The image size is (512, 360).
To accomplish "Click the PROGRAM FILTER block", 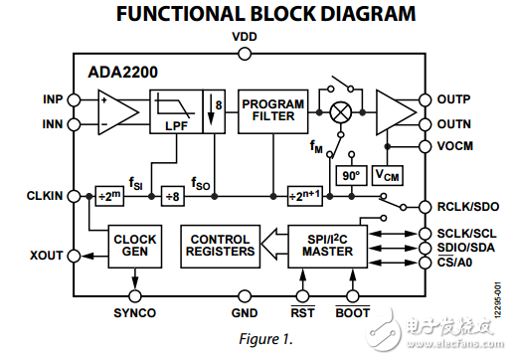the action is (273, 111).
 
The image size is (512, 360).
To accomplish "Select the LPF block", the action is (176, 111).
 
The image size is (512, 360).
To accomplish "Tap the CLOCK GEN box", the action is (135, 247).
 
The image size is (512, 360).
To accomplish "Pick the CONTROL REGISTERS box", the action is (221, 247).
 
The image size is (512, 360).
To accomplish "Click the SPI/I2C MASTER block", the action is (328, 247).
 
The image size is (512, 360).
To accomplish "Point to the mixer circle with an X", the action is (341, 112).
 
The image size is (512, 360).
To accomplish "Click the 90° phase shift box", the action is (351, 175).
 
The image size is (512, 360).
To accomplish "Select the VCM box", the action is (388, 175).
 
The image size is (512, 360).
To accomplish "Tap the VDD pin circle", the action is (245, 54).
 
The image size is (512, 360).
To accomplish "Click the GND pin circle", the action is (245, 295).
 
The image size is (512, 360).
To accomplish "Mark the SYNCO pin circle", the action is (135, 295).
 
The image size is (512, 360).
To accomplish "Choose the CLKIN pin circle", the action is (74, 196).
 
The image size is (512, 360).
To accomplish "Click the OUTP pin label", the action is (453, 99).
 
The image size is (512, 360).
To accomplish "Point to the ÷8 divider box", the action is (173, 196).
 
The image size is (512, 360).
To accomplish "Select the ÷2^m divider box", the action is (109, 196).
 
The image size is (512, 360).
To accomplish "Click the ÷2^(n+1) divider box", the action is (305, 196).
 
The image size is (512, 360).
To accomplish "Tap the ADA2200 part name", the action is (122, 73).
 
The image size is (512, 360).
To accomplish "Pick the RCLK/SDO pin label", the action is (468, 207).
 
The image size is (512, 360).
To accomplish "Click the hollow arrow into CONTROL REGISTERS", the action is (274, 244).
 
